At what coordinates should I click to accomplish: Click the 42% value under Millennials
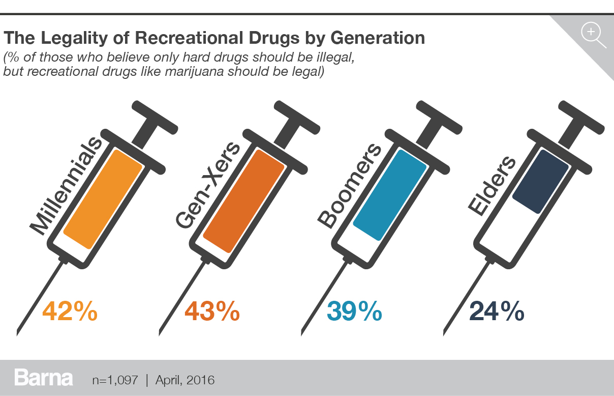click(70, 311)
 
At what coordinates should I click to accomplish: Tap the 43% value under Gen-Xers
click(211, 311)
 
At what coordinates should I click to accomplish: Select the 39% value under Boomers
click(354, 311)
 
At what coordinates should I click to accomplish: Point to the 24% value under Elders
click(496, 311)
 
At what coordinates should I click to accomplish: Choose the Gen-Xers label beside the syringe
click(208, 186)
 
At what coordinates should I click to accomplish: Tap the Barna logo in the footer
click(44, 378)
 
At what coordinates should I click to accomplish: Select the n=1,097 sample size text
click(115, 380)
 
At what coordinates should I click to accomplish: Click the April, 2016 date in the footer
click(185, 380)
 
